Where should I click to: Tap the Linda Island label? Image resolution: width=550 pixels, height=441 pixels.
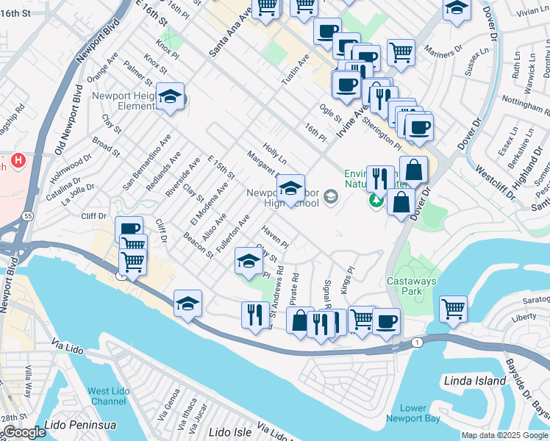click(x=475, y=381)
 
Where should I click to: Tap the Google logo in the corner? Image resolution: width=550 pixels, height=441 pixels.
click(x=24, y=432)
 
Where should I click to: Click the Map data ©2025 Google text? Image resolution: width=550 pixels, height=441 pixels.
click(x=504, y=435)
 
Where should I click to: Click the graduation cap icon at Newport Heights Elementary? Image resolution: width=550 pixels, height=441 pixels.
click(x=170, y=98)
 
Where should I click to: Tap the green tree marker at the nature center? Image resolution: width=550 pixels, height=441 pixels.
click(x=376, y=199)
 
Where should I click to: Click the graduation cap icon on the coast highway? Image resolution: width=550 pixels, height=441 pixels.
click(x=187, y=303)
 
